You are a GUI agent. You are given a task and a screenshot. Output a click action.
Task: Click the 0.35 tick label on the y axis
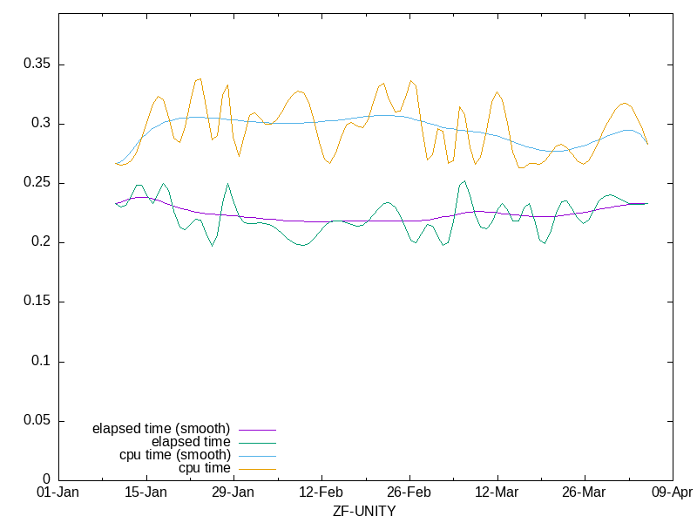(x=37, y=65)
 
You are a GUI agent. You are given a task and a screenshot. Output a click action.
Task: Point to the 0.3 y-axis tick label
(x=40, y=124)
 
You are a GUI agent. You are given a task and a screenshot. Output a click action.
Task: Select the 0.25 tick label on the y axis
(x=37, y=183)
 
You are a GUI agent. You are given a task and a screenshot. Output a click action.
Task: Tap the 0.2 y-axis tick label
(x=40, y=242)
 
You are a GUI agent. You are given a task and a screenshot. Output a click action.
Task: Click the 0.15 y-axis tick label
(x=37, y=302)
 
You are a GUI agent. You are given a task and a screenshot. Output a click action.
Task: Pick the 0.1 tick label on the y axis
(x=40, y=361)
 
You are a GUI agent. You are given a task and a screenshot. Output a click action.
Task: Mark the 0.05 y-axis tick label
(x=37, y=420)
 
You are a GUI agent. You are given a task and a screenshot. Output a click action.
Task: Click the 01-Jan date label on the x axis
(x=58, y=492)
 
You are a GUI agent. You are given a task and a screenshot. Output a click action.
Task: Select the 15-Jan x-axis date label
(x=146, y=492)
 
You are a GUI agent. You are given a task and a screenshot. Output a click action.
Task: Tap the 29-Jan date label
(x=233, y=492)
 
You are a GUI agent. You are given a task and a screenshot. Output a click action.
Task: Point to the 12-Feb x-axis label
(x=321, y=492)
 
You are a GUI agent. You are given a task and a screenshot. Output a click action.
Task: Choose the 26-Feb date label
(x=409, y=492)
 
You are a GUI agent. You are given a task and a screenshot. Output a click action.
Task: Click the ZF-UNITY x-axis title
(x=364, y=511)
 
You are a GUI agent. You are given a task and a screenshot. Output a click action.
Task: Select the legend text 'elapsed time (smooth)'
(x=161, y=429)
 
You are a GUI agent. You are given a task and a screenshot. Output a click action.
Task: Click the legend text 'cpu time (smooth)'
(x=175, y=455)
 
